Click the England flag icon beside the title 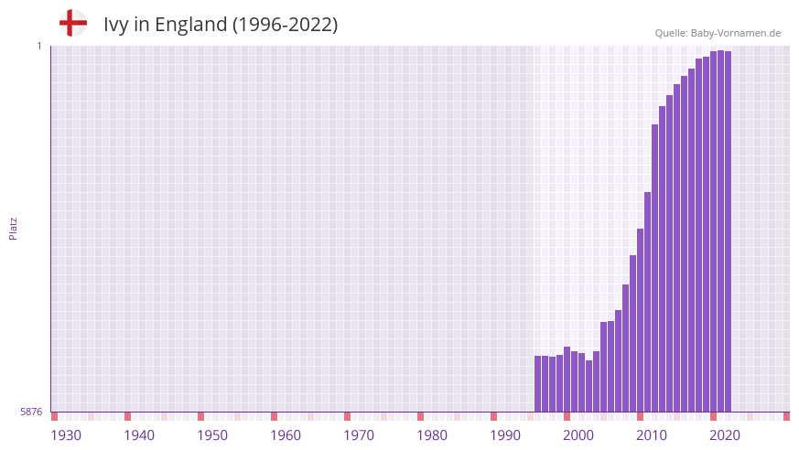(x=72, y=23)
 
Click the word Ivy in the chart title (x=116, y=25)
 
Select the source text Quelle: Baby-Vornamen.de (x=718, y=33)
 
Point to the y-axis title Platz (x=13, y=228)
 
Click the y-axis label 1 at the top (x=38, y=46)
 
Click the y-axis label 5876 (x=31, y=412)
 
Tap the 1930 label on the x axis (x=66, y=435)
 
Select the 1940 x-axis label (x=139, y=435)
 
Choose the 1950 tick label (x=212, y=435)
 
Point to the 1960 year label (x=286, y=435)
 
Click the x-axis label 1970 (x=359, y=435)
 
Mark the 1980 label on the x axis (x=432, y=435)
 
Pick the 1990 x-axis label (x=505, y=435)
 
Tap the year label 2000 (x=578, y=435)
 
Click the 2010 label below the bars (x=652, y=435)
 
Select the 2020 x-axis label (x=725, y=435)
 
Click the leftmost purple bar (x=538, y=384)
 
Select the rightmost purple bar (x=728, y=229)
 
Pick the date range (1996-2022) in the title (x=285, y=25)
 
